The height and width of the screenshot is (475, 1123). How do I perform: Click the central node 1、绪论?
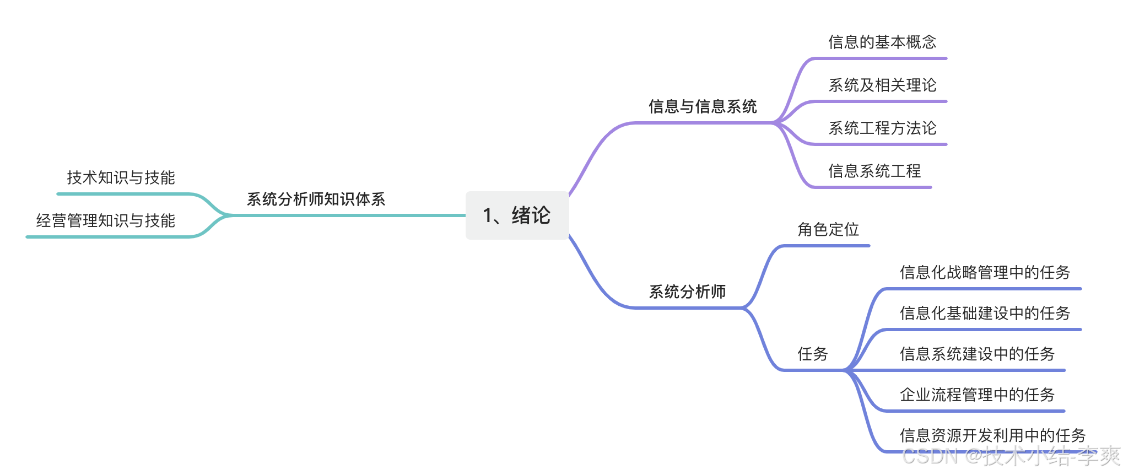pyautogui.click(x=517, y=215)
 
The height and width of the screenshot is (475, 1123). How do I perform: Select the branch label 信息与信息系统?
pyautogui.click(x=703, y=107)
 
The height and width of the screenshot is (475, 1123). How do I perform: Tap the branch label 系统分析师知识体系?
pyautogui.click(x=316, y=199)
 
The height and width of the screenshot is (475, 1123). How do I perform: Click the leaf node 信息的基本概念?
pyautogui.click(x=882, y=42)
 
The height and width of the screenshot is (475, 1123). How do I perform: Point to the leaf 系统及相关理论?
pyautogui.click(x=882, y=85)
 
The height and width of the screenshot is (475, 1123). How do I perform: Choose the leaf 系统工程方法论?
pyautogui.click(x=882, y=128)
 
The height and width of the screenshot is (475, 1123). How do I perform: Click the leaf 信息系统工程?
pyautogui.click(x=874, y=171)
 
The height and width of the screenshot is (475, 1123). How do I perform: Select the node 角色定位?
pyautogui.click(x=828, y=230)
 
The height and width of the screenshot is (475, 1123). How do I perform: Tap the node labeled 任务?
pyautogui.click(x=812, y=354)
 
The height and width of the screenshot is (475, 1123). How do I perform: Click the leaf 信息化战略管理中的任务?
pyautogui.click(x=984, y=273)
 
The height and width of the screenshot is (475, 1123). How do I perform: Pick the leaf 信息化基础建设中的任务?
pyautogui.click(x=984, y=314)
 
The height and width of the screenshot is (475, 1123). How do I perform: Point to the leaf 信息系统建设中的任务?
pyautogui.click(x=976, y=354)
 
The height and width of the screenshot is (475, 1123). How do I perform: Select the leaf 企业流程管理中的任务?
pyautogui.click(x=976, y=395)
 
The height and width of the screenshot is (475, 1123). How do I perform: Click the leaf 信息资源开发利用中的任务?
pyautogui.click(x=992, y=436)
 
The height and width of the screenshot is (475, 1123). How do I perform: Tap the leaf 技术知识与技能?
pyautogui.click(x=121, y=178)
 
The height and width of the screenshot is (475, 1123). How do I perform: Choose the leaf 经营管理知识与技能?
pyautogui.click(x=105, y=221)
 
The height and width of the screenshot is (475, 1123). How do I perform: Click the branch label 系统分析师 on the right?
pyautogui.click(x=687, y=292)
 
